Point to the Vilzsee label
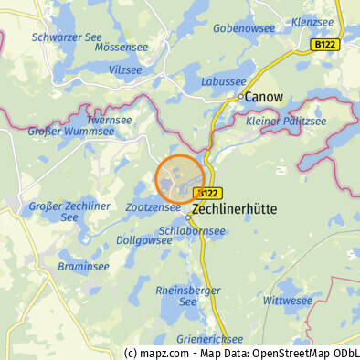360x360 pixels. pyautogui.click(x=125, y=69)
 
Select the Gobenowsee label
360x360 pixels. pyautogui.click(x=244, y=28)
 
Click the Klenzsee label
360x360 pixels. pyautogui.click(x=312, y=21)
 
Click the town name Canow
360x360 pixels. pyautogui.click(x=265, y=96)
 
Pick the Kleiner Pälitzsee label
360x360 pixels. pyautogui.click(x=286, y=122)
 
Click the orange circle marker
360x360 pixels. pyautogui.click(x=179, y=178)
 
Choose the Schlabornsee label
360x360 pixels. pyautogui.click(x=192, y=231)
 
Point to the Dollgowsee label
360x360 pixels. pyautogui.click(x=144, y=240)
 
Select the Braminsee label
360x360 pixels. pyautogui.click(x=83, y=267)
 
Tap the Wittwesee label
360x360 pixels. pyautogui.click(x=287, y=300)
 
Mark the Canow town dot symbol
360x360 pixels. pyautogui.click(x=241, y=96)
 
